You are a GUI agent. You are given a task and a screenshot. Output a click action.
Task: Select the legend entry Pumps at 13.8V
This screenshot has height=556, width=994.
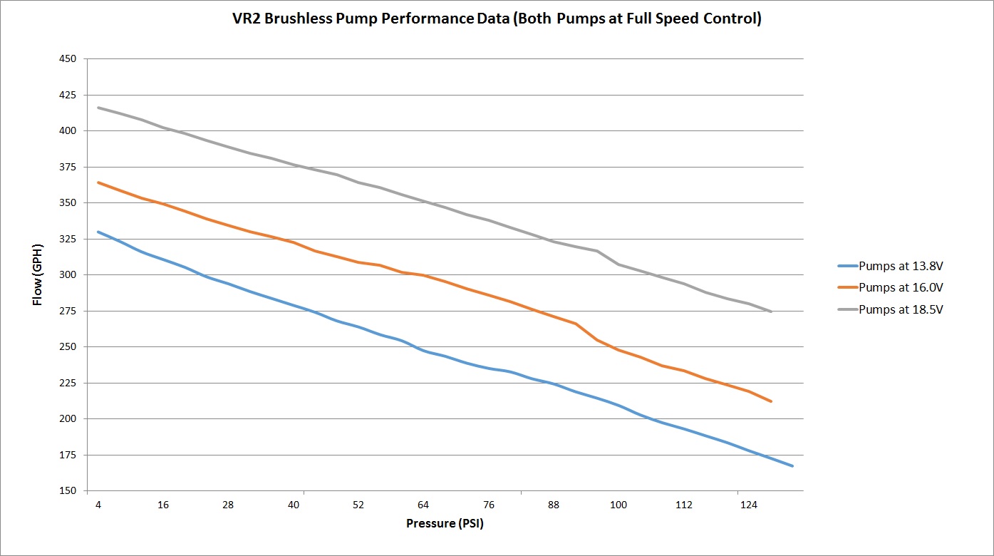tap(904, 266)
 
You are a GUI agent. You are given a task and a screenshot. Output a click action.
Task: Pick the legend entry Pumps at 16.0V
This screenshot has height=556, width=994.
tap(904, 288)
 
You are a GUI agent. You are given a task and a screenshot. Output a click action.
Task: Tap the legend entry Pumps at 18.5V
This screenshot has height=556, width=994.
tap(904, 309)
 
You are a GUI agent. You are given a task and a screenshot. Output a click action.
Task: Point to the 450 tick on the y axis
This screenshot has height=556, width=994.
tap(69, 59)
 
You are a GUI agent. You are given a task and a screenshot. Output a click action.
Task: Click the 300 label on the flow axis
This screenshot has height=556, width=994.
tap(69, 275)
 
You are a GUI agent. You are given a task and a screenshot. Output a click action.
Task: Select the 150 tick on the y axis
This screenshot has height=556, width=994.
tap(69, 491)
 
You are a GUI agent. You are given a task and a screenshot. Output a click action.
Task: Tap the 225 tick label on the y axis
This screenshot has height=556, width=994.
tap(69, 383)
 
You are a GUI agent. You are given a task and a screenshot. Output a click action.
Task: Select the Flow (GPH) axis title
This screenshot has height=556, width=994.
tap(38, 275)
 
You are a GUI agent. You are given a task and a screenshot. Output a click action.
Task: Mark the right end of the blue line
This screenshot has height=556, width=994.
tap(792, 465)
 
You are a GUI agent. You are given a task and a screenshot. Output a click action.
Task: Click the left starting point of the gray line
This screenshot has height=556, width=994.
tap(98, 108)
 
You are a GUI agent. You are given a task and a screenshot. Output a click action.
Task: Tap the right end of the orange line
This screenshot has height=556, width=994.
tap(771, 401)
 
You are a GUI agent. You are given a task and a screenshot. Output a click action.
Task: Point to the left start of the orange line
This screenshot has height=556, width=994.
tap(98, 182)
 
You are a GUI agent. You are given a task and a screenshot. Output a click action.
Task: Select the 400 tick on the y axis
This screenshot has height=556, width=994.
tap(69, 131)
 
